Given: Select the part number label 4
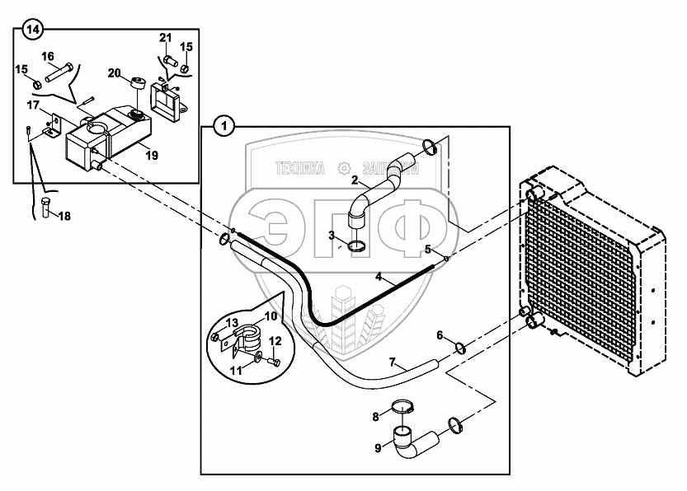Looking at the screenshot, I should point(379,278).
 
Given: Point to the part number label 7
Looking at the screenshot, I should point(393,362).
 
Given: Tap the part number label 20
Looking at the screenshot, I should point(114,72).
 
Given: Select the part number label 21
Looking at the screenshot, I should point(165,39).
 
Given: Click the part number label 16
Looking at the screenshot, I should point(48,56).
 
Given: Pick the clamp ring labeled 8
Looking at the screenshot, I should point(402,404).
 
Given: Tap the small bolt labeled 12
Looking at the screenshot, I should point(275,362).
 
